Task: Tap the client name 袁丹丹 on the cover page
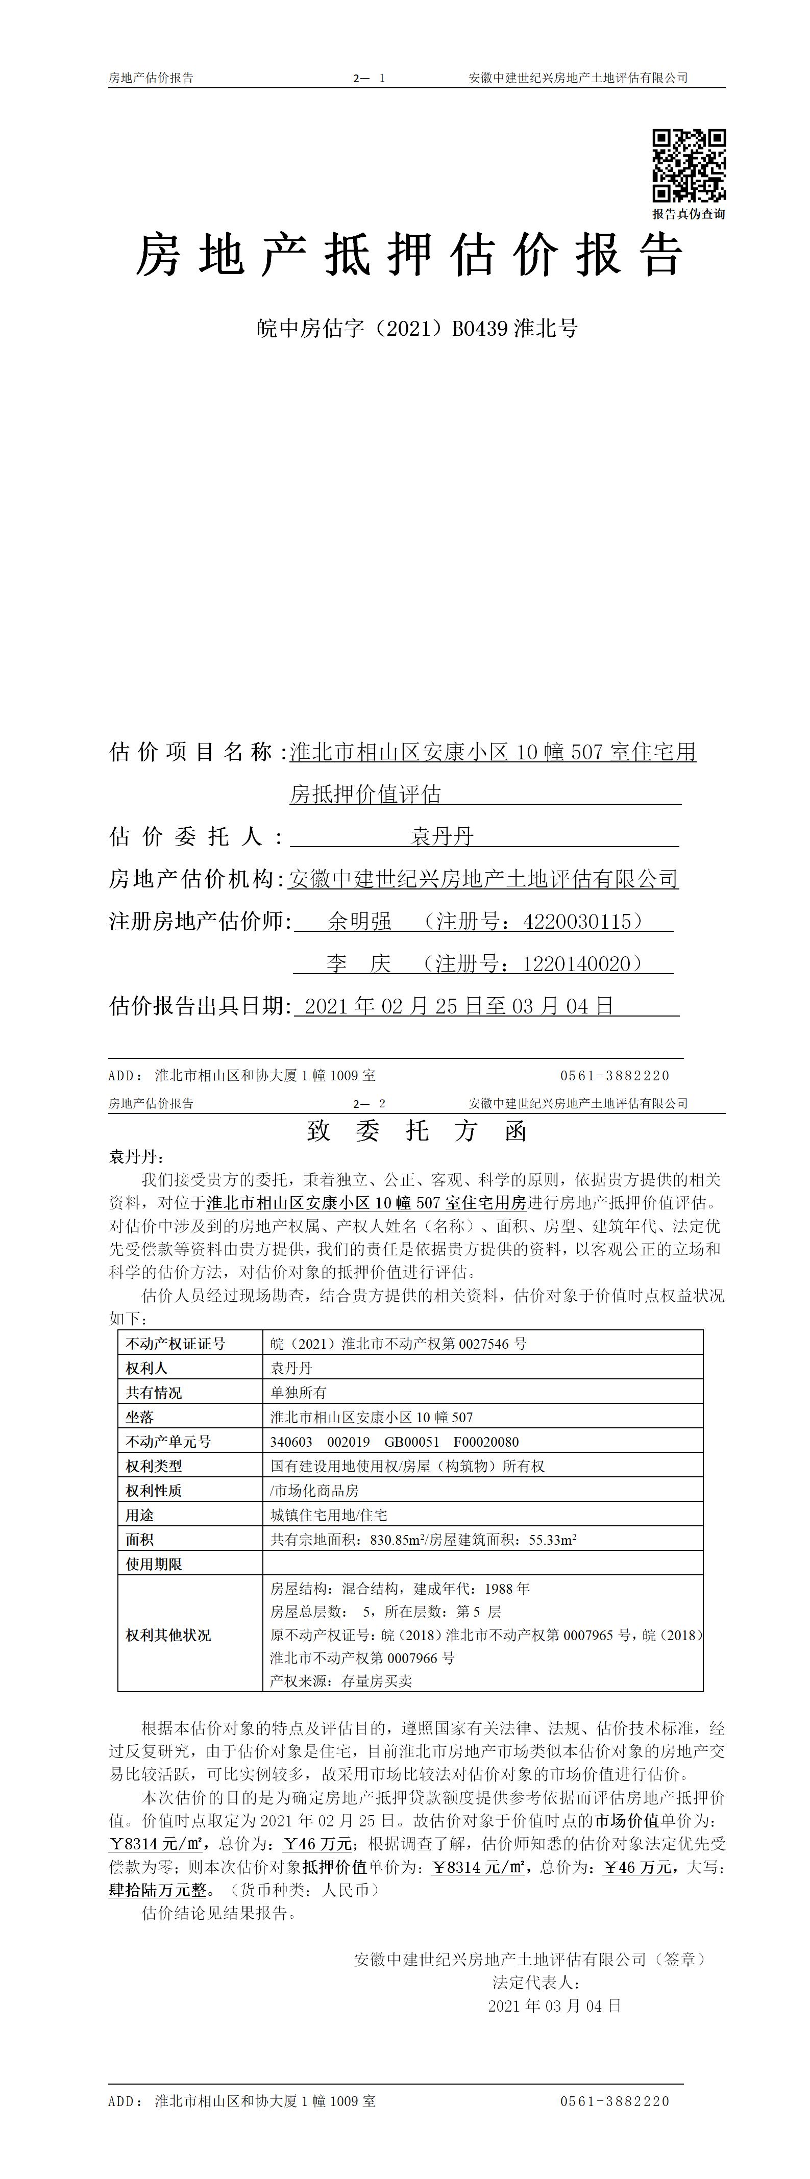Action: point(442,836)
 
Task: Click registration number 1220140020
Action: point(582,963)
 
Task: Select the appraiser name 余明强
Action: point(360,921)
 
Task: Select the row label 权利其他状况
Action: point(168,1635)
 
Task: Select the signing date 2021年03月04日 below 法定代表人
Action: point(554,2005)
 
